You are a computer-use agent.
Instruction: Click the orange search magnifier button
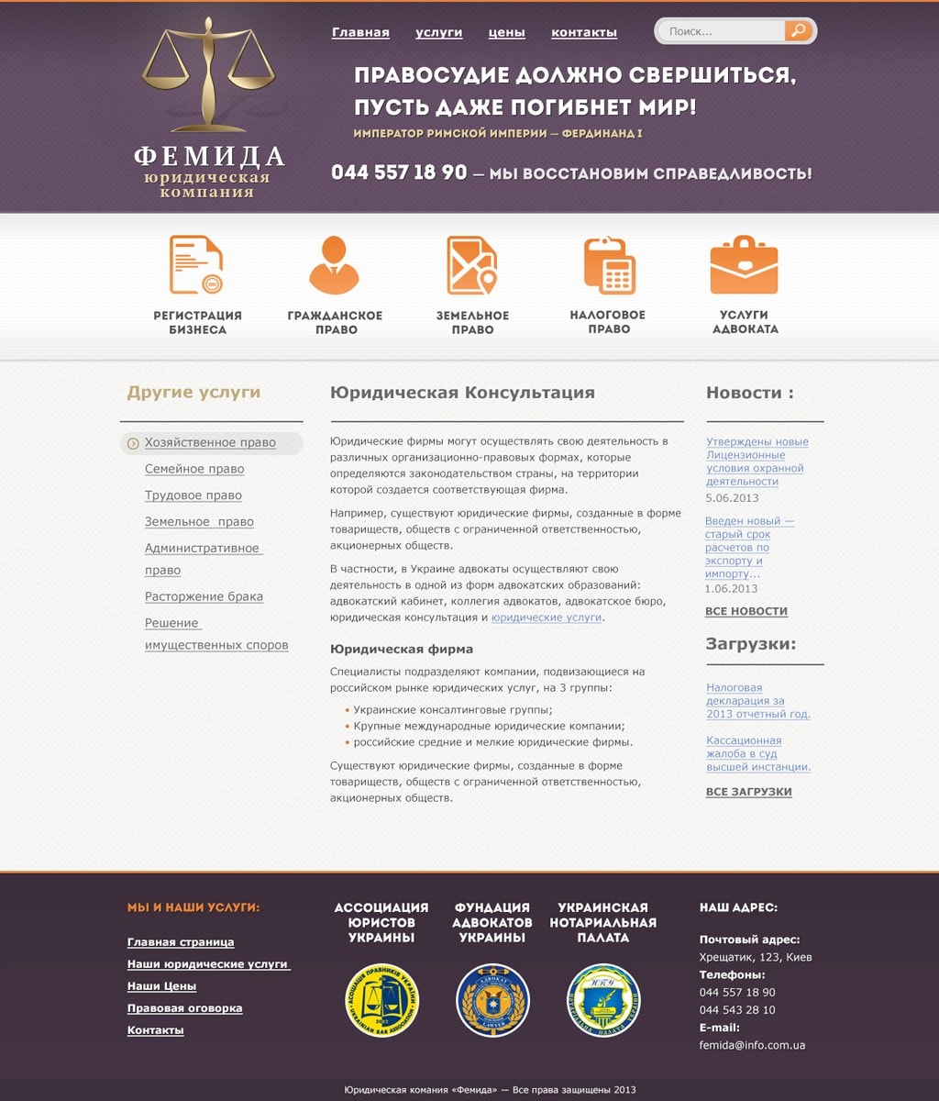[799, 31]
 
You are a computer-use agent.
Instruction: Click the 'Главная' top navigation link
[360, 33]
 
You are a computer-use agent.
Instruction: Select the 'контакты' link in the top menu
[583, 33]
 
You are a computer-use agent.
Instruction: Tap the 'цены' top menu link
[506, 33]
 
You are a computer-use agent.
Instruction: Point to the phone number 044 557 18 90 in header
[399, 172]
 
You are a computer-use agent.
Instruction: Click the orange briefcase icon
[744, 265]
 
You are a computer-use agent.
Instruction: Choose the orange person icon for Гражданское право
[334, 264]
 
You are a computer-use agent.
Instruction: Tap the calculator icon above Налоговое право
[609, 265]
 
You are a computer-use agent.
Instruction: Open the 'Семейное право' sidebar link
[194, 469]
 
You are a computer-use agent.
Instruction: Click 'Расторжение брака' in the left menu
[204, 596]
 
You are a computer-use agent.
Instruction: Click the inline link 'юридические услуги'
[547, 617]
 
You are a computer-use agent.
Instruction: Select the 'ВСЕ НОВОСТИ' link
[746, 611]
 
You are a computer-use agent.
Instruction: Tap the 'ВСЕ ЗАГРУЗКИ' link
[748, 792]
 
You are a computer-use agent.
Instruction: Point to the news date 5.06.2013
[732, 497]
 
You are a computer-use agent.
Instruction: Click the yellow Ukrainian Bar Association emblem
[382, 1000]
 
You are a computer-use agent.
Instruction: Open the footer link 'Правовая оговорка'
[184, 1008]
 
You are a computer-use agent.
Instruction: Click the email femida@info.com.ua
[752, 1045]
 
